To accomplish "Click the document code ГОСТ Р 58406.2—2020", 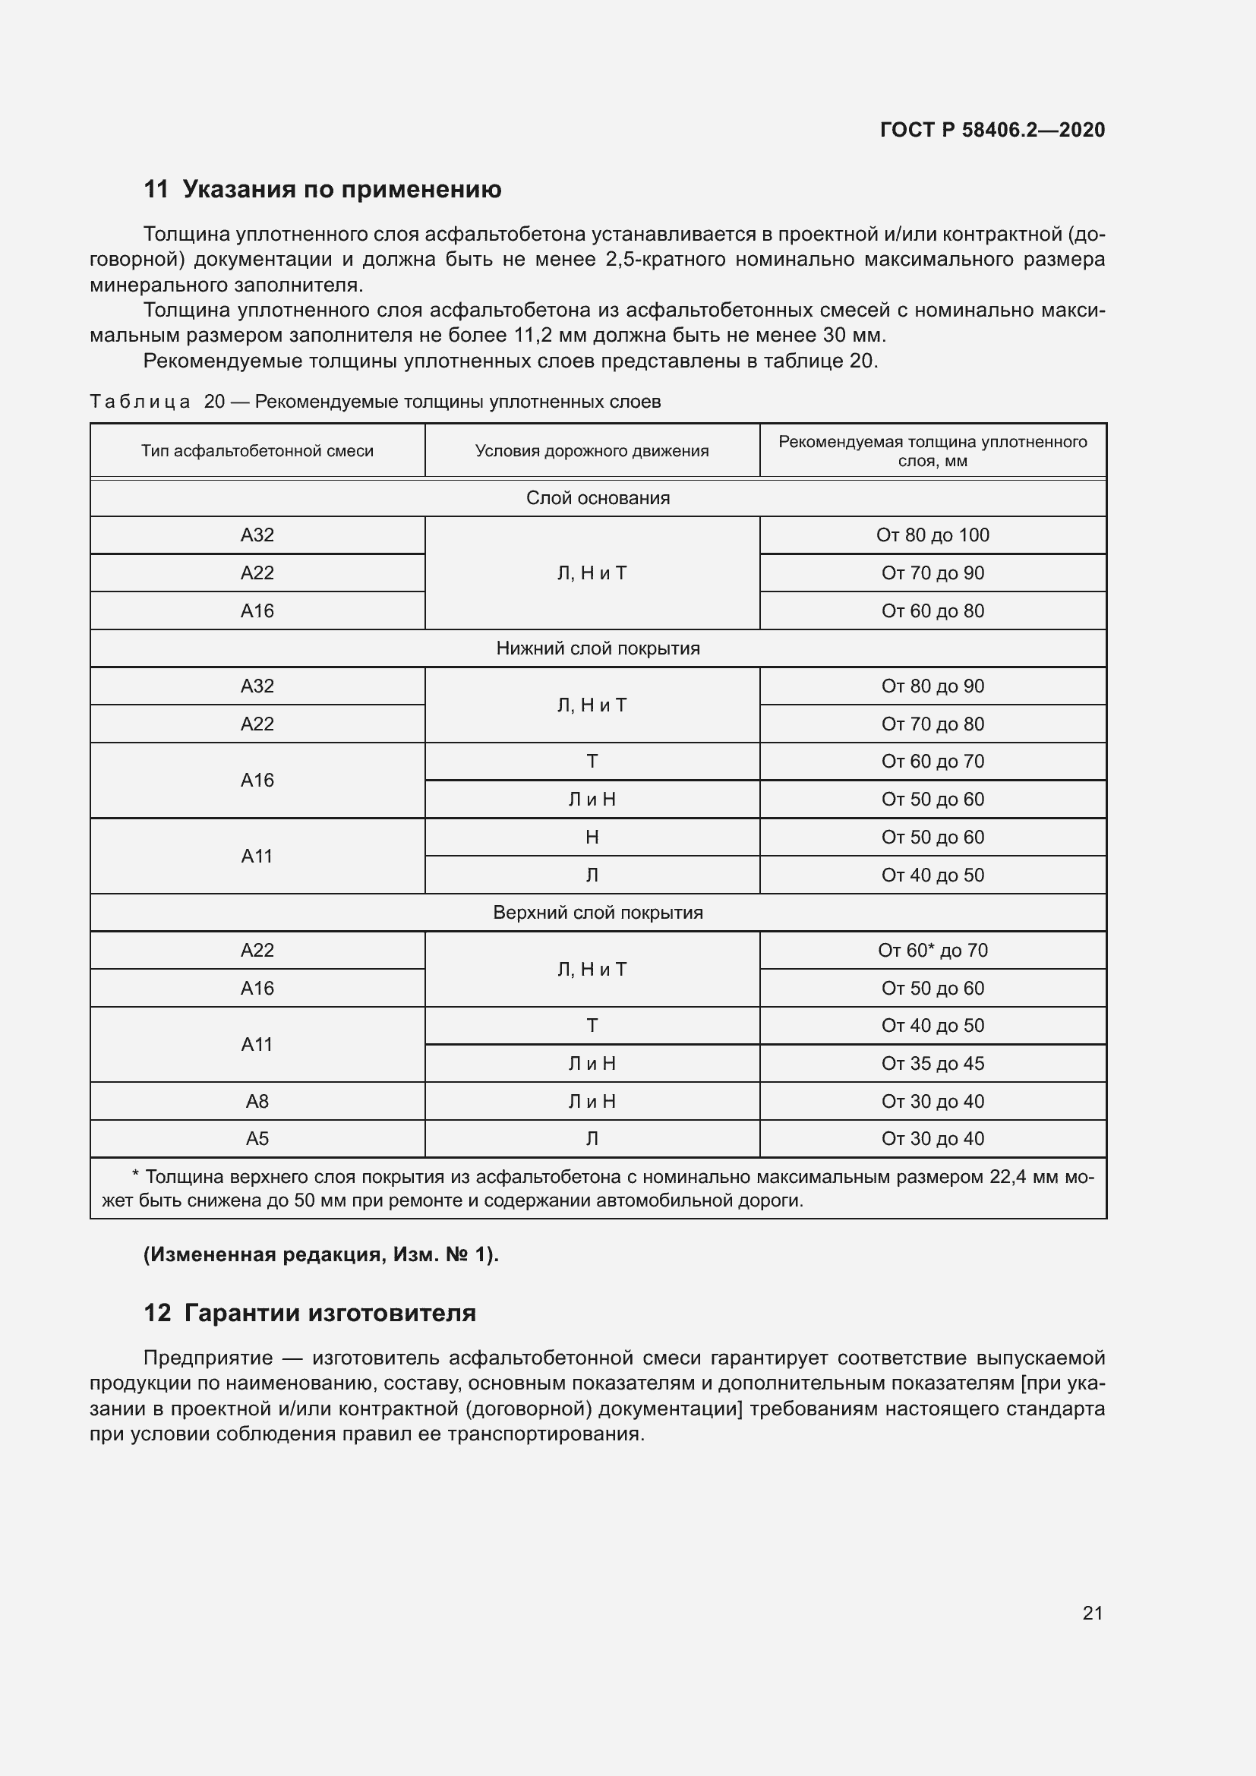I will point(992,130).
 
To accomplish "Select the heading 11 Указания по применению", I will point(323,190).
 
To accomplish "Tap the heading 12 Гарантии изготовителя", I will point(310,1314).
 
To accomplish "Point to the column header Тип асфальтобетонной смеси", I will point(257,451).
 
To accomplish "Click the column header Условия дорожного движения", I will point(592,451).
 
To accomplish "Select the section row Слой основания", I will point(597,498).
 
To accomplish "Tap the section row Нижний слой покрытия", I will point(597,648).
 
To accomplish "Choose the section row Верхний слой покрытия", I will point(597,913).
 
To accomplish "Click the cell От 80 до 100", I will point(932,535).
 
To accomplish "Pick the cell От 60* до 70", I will point(932,951).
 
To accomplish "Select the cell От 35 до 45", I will point(932,1064).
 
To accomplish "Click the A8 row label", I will point(257,1102).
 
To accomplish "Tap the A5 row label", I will point(257,1139).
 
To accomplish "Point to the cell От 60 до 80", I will point(932,611).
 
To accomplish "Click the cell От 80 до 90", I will point(932,686).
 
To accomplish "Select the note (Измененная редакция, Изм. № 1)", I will point(321,1254).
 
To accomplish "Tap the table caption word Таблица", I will point(140,402).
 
